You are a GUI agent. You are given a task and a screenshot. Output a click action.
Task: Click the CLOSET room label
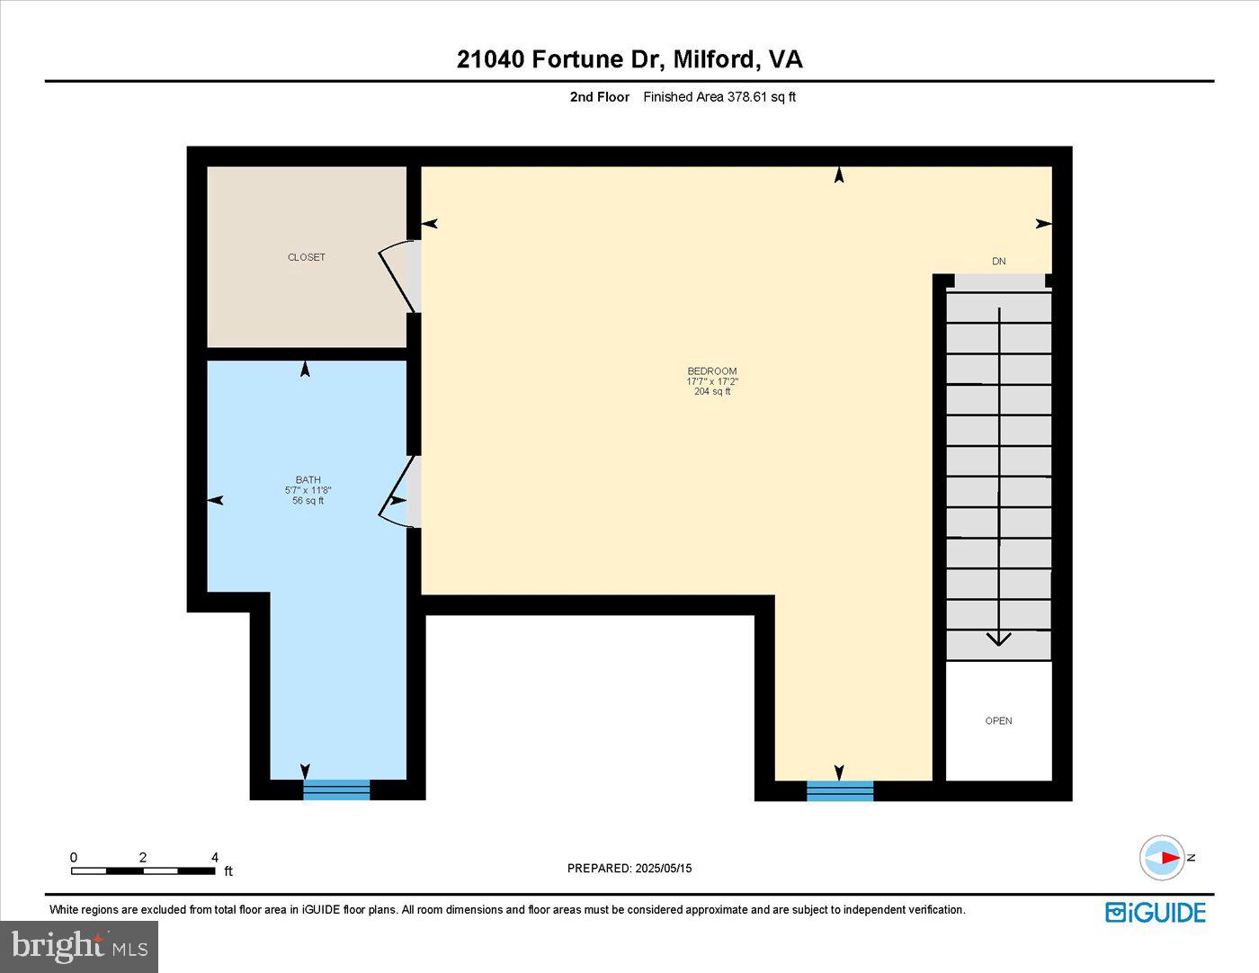pos(307,257)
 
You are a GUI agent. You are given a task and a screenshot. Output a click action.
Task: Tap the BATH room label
pos(308,480)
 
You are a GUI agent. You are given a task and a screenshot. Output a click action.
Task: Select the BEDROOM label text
pos(712,371)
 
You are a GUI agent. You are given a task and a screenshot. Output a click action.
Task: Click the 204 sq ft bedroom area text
pos(712,392)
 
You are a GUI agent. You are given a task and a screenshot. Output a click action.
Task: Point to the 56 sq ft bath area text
pos(308,501)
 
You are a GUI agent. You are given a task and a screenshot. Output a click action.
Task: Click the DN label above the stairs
pos(998,262)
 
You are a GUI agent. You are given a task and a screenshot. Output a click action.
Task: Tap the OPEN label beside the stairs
pos(998,721)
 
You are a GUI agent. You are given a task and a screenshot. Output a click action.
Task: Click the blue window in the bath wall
pos(336,790)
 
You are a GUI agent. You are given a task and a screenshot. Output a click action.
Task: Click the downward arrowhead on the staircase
pos(999,638)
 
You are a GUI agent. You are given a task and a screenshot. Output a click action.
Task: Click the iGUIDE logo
pos(1156,912)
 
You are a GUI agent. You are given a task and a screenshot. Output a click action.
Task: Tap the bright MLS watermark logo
pos(79,946)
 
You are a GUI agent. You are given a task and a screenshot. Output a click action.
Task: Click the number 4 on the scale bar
pos(215,858)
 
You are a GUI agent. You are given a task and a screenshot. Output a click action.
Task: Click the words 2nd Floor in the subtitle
pos(600,97)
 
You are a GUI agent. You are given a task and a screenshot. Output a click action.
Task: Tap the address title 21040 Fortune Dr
pos(559,59)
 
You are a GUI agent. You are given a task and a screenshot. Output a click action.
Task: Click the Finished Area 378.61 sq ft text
pos(719,97)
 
